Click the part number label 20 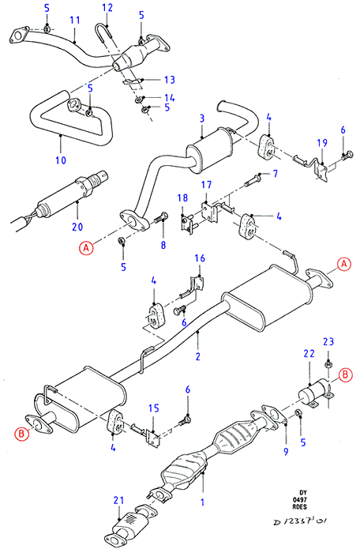[77, 227]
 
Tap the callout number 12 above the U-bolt [107, 7]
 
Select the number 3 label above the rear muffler [202, 118]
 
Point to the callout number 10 [61, 160]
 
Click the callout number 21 [119, 500]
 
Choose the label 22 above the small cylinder [309, 353]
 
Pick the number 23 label [328, 341]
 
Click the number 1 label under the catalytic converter [202, 502]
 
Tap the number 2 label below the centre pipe [198, 356]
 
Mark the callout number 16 [200, 258]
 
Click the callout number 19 [322, 143]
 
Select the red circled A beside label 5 [86, 248]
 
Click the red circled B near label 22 [345, 374]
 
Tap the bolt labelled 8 [160, 219]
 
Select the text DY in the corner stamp [303, 493]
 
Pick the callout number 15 [154, 408]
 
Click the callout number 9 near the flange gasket [286, 451]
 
